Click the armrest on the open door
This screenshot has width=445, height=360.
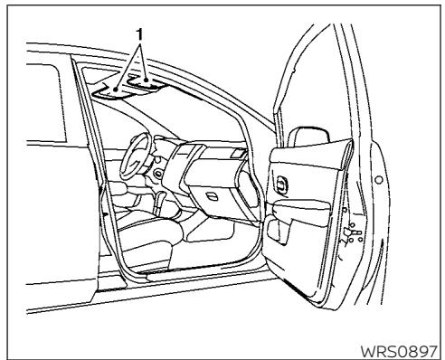coord(298,211)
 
